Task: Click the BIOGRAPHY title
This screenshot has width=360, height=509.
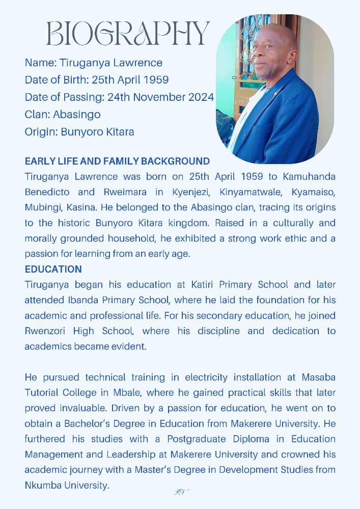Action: [x=127, y=33]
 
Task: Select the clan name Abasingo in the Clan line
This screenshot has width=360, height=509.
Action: [x=76, y=115]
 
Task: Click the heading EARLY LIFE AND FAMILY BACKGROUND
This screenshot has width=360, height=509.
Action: [x=117, y=162]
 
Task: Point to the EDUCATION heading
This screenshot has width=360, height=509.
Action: [x=53, y=269]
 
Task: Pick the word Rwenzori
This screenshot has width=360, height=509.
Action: [x=45, y=331]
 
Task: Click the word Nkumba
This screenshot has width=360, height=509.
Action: [x=44, y=485]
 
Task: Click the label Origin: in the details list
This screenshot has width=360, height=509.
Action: [x=41, y=132]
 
